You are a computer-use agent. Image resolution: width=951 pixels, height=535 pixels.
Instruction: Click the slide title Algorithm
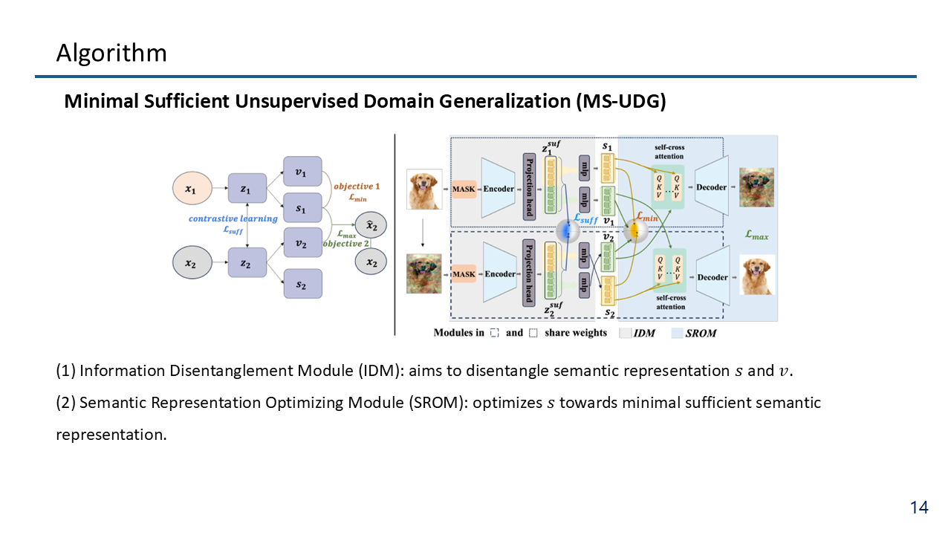[111, 53]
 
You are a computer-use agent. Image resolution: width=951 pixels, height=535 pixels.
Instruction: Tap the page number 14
[919, 508]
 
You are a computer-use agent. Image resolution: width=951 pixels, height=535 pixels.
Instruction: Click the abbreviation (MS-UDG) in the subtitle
[620, 102]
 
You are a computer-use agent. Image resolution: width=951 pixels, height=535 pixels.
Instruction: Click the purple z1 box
[247, 189]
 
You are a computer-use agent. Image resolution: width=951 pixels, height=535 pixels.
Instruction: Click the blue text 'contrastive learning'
[233, 218]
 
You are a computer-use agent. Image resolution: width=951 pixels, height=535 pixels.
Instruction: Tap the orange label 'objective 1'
[357, 186]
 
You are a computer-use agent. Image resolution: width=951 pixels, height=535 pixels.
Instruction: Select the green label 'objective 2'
[347, 244]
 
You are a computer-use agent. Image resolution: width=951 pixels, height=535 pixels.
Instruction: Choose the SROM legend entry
[701, 333]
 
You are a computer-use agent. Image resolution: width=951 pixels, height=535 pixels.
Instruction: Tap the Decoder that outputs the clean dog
[713, 277]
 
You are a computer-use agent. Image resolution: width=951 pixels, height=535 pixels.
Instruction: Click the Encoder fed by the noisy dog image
[499, 274]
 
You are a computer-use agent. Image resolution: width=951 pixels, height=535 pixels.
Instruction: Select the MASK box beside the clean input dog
[464, 189]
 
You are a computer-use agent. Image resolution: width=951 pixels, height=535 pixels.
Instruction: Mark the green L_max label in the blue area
[756, 235]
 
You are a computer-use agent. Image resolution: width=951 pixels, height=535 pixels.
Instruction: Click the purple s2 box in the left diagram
[302, 284]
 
